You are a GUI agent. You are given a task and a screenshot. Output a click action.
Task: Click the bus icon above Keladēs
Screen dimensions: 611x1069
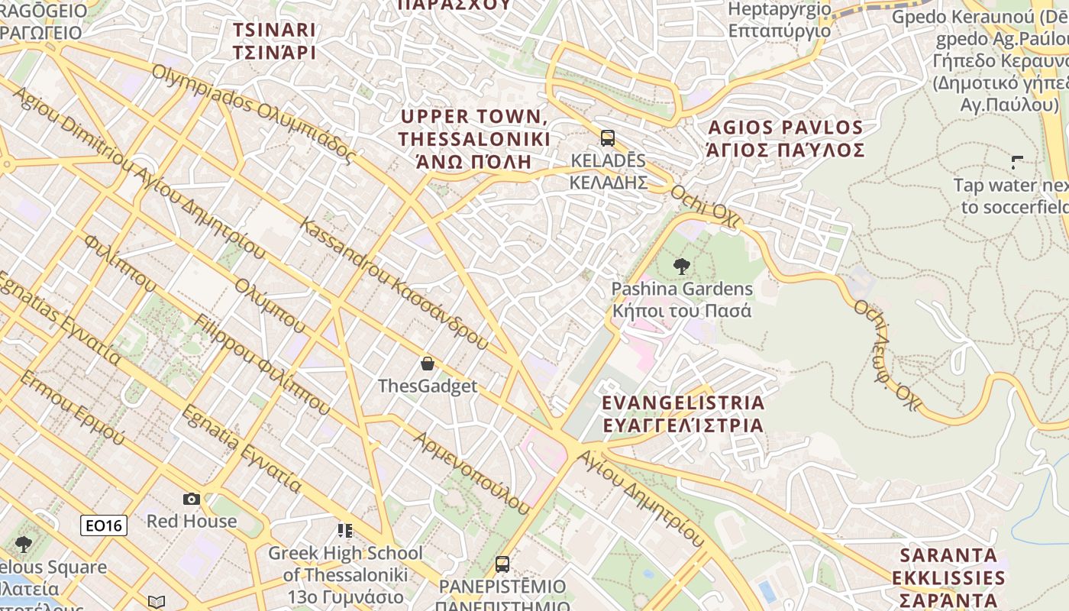click(608, 138)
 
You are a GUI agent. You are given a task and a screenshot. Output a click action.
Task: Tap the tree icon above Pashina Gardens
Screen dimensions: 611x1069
click(682, 267)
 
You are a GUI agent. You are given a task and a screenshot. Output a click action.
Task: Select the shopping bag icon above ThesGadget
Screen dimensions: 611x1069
click(428, 364)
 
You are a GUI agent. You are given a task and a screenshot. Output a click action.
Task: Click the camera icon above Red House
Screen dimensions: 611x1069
click(192, 499)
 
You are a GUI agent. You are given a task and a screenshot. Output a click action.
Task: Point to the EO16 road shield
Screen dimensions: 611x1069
click(104, 525)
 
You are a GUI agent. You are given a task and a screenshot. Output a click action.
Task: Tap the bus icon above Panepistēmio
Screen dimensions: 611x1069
click(502, 564)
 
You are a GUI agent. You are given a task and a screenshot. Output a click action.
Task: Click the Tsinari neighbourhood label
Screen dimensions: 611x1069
click(274, 41)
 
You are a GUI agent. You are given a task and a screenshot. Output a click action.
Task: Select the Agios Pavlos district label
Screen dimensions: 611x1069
click(786, 138)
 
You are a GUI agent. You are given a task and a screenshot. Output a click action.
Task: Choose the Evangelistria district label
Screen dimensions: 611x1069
click(683, 413)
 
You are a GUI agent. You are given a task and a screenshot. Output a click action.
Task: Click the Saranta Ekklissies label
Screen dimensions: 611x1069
click(948, 577)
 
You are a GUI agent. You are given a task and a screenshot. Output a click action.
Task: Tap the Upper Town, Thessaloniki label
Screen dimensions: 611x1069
click(473, 138)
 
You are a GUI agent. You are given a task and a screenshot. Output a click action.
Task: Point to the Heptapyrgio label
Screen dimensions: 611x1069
click(780, 20)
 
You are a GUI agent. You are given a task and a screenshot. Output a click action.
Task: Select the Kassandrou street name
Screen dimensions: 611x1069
click(393, 283)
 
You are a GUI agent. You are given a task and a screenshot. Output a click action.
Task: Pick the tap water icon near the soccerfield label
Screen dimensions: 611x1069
click(1017, 162)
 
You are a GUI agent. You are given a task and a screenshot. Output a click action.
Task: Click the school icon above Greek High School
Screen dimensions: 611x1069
click(345, 530)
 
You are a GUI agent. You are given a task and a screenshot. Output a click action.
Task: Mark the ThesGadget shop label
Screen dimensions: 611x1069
click(428, 386)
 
